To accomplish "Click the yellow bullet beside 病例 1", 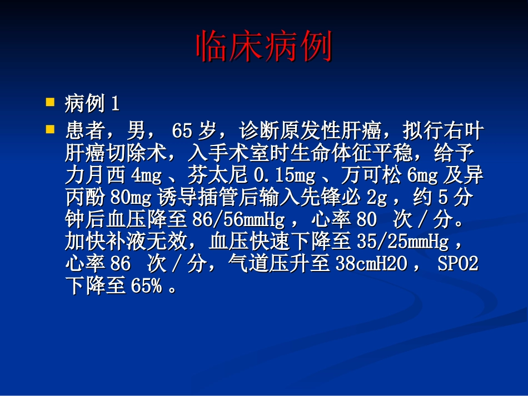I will coord(50,102).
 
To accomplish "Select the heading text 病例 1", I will coord(92,103).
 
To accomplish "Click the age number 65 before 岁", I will coord(182,132).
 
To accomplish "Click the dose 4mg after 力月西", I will coord(146,176).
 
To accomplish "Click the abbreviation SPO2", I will coord(458,264).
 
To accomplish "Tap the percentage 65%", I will coord(146,286).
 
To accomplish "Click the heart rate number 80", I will coord(366,220).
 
